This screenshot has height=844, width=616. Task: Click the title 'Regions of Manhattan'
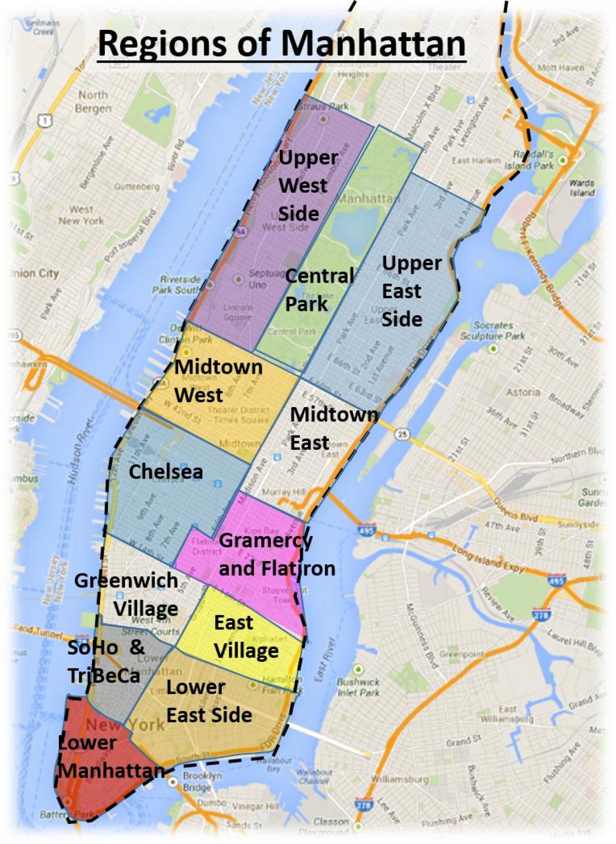point(281,44)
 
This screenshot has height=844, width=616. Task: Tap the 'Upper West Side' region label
point(304,185)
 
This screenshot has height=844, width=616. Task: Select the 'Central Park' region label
point(319,290)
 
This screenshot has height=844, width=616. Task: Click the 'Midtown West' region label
point(218,381)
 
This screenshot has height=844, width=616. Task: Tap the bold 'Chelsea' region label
point(165,472)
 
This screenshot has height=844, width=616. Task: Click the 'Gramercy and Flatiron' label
point(276,554)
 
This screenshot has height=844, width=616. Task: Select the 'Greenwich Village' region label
point(126,594)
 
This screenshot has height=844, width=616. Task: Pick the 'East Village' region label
point(246,637)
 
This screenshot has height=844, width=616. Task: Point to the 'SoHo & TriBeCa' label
point(106,661)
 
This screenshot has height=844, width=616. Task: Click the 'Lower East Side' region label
point(209,701)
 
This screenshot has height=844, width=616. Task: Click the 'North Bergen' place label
point(93,102)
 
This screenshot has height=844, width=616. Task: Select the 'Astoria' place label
point(523,392)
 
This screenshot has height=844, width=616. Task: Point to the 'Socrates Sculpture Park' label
point(492,331)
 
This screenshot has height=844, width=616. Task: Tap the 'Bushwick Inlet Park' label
point(358,687)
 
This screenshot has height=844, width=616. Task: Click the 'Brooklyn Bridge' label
point(197,782)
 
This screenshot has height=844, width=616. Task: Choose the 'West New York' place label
point(81,215)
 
